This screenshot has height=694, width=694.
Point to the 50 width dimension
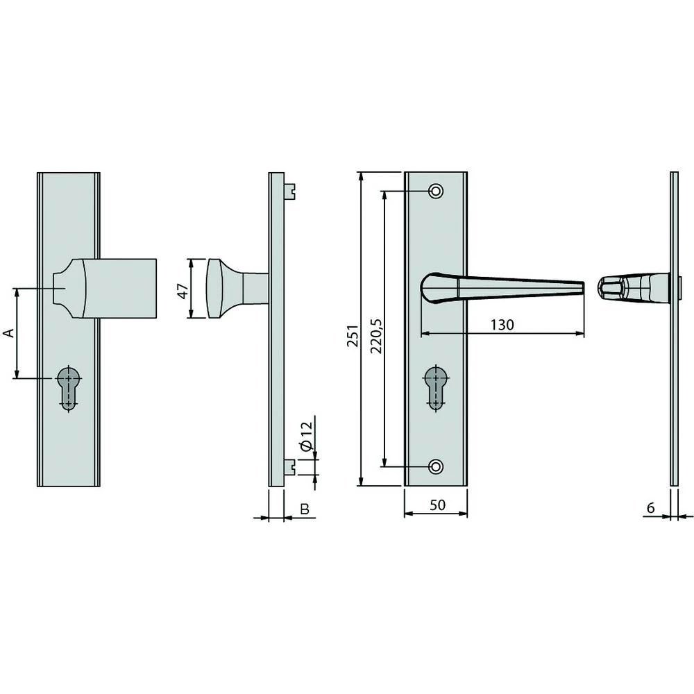click(x=437, y=505)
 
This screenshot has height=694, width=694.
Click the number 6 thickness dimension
click(x=650, y=508)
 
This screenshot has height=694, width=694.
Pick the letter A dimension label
click(x=9, y=334)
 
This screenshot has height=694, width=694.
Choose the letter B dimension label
click(x=303, y=509)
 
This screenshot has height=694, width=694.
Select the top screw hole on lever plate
click(x=436, y=191)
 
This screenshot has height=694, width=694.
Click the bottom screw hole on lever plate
click(x=436, y=466)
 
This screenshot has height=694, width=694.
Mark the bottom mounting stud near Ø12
click(x=291, y=468)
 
